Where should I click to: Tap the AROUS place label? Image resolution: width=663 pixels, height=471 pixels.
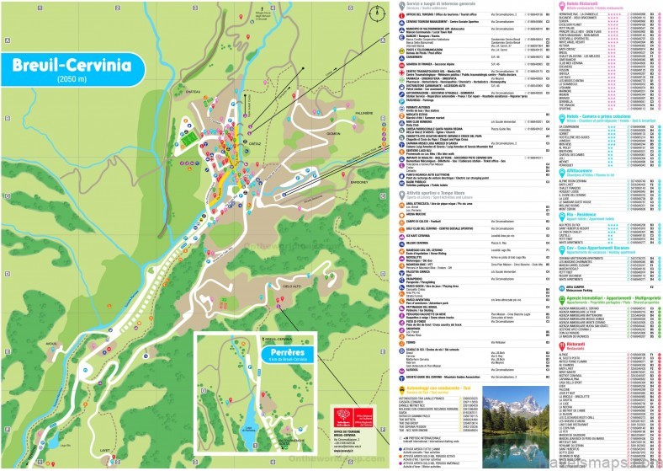click(52, 344)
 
